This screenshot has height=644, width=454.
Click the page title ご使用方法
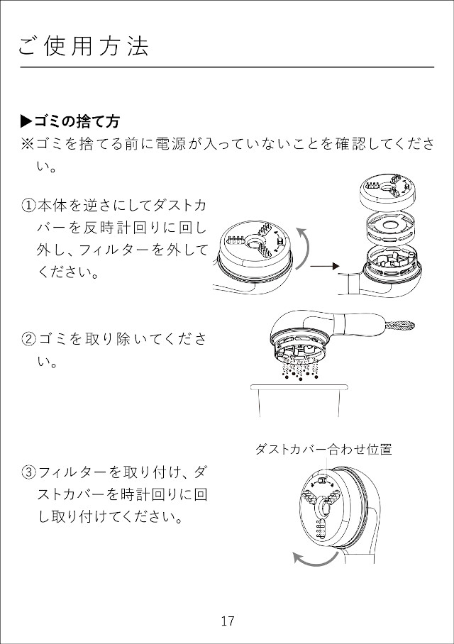(x=84, y=46)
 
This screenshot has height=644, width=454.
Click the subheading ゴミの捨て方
(x=77, y=121)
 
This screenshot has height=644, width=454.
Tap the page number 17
(x=227, y=621)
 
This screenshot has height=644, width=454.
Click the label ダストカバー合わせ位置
(x=323, y=450)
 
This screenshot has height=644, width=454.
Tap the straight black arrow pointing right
(x=325, y=267)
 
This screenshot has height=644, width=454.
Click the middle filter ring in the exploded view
(x=390, y=227)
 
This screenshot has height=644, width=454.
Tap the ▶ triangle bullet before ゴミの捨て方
(x=26, y=121)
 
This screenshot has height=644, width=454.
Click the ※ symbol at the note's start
(x=27, y=144)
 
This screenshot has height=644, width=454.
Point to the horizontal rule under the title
(x=227, y=67)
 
